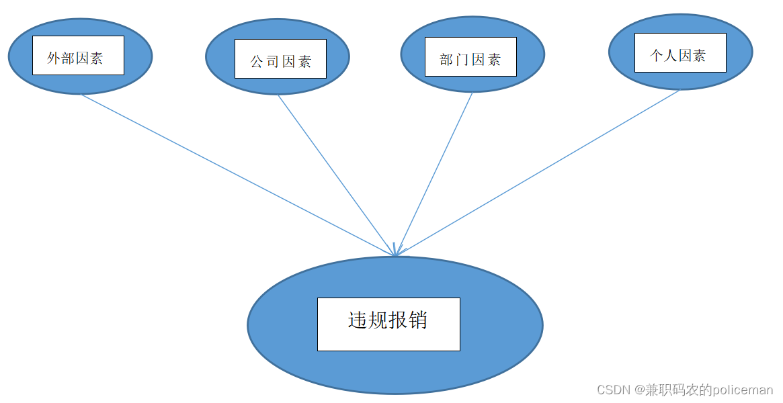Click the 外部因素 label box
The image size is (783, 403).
(78, 55)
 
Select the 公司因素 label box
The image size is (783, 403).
(280, 58)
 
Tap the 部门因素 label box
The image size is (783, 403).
(470, 56)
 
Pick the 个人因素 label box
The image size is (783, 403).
(680, 52)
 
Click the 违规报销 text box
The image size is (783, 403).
(388, 324)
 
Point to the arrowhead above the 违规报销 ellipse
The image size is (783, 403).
(395, 251)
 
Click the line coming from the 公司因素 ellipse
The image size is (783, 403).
(336, 175)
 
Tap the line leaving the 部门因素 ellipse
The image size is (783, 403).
(435, 173)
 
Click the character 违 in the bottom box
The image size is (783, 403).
(358, 320)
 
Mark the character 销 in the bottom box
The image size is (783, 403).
(417, 320)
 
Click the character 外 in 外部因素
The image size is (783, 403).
(54, 58)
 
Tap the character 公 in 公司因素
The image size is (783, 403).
(257, 62)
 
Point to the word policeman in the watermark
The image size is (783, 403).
(743, 390)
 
